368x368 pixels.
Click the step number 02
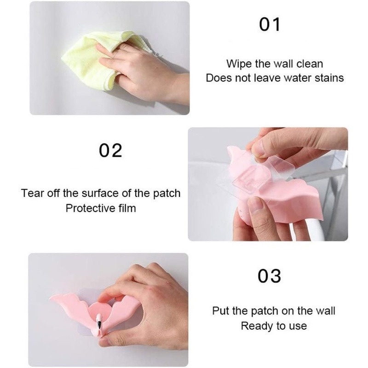click(111, 150)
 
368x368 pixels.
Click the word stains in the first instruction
click(329, 78)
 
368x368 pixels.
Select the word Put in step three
click(220, 311)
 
